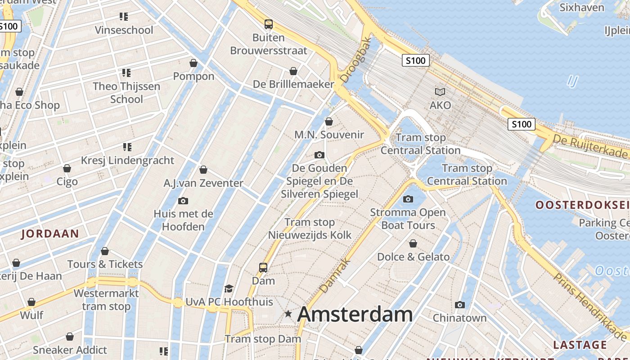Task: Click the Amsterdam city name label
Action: click(355, 314)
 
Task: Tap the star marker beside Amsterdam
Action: click(288, 314)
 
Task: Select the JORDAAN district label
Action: click(50, 234)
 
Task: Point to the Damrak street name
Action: click(335, 275)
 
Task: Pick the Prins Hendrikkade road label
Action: click(589, 306)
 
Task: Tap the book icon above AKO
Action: click(440, 92)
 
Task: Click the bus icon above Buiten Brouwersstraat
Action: click(269, 24)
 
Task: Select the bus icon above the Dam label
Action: click(263, 268)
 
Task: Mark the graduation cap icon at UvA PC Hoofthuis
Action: click(229, 288)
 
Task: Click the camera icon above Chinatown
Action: click(459, 305)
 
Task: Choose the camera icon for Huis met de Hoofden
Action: click(183, 201)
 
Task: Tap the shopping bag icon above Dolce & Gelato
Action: click(413, 243)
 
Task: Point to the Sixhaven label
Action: click(582, 8)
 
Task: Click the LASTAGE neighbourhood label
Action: click(580, 345)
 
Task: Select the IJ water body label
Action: click(572, 81)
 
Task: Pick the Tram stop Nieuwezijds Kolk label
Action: click(310, 229)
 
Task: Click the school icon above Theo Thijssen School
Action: click(126, 72)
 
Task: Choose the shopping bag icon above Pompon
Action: click(193, 63)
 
